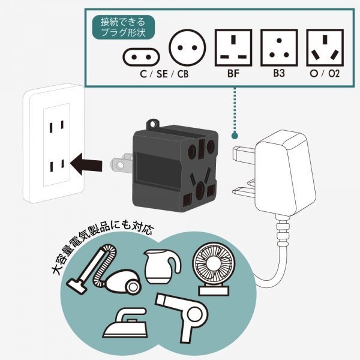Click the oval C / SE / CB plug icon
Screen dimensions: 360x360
[142, 56]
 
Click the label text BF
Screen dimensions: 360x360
[233, 76]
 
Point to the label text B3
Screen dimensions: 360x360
[278, 76]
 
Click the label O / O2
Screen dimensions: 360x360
[325, 76]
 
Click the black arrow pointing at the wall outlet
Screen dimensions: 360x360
[87, 162]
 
